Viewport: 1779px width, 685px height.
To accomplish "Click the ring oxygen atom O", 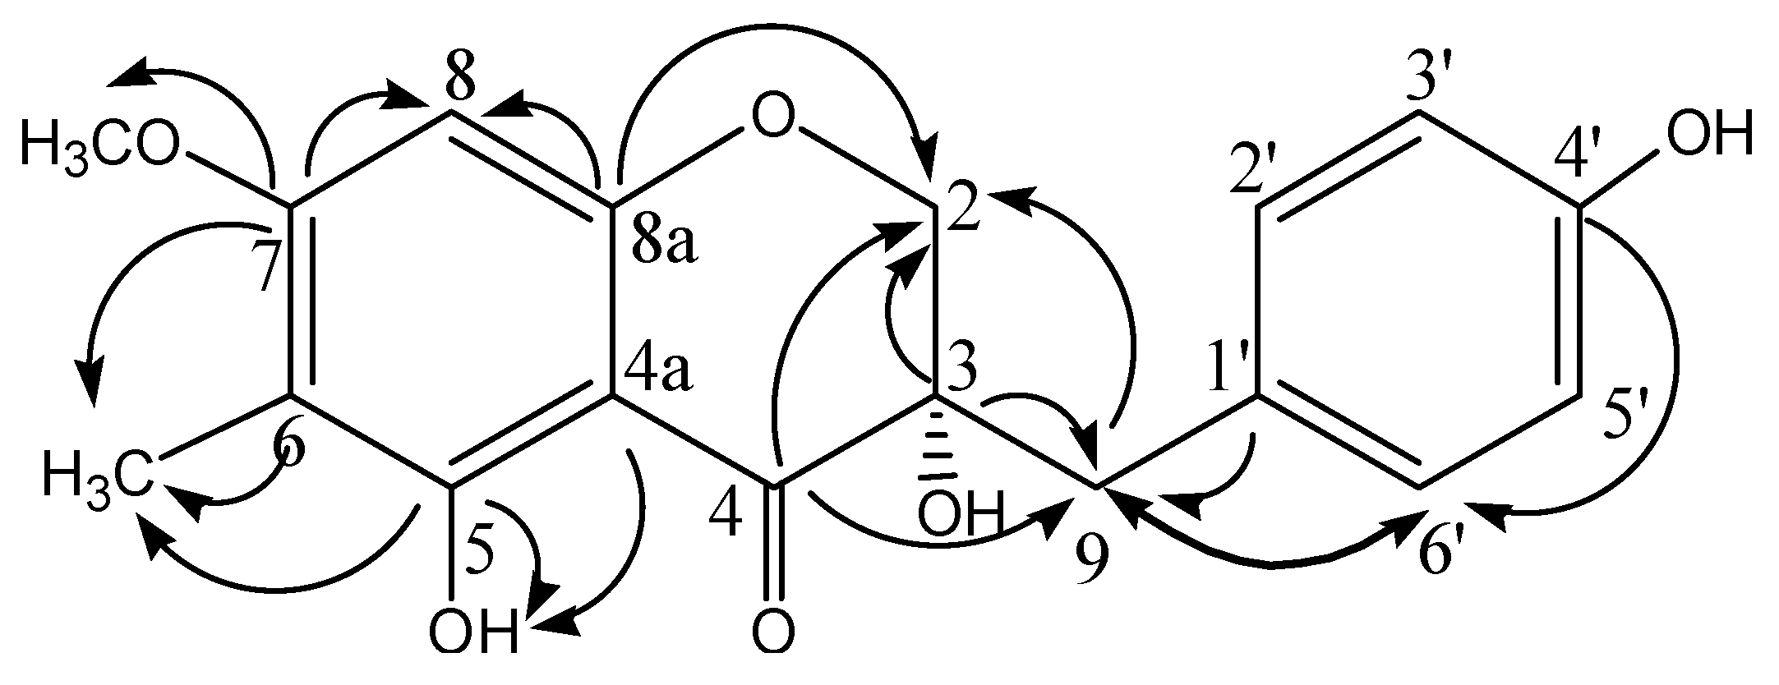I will tap(773, 122).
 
